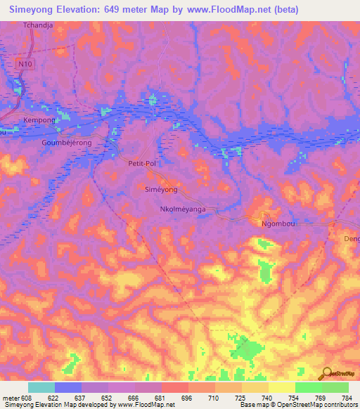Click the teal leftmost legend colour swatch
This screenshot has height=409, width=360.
pos(41,387)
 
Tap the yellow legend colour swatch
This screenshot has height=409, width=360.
pos(281,387)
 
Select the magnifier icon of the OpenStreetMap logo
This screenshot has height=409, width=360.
pos(325,372)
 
